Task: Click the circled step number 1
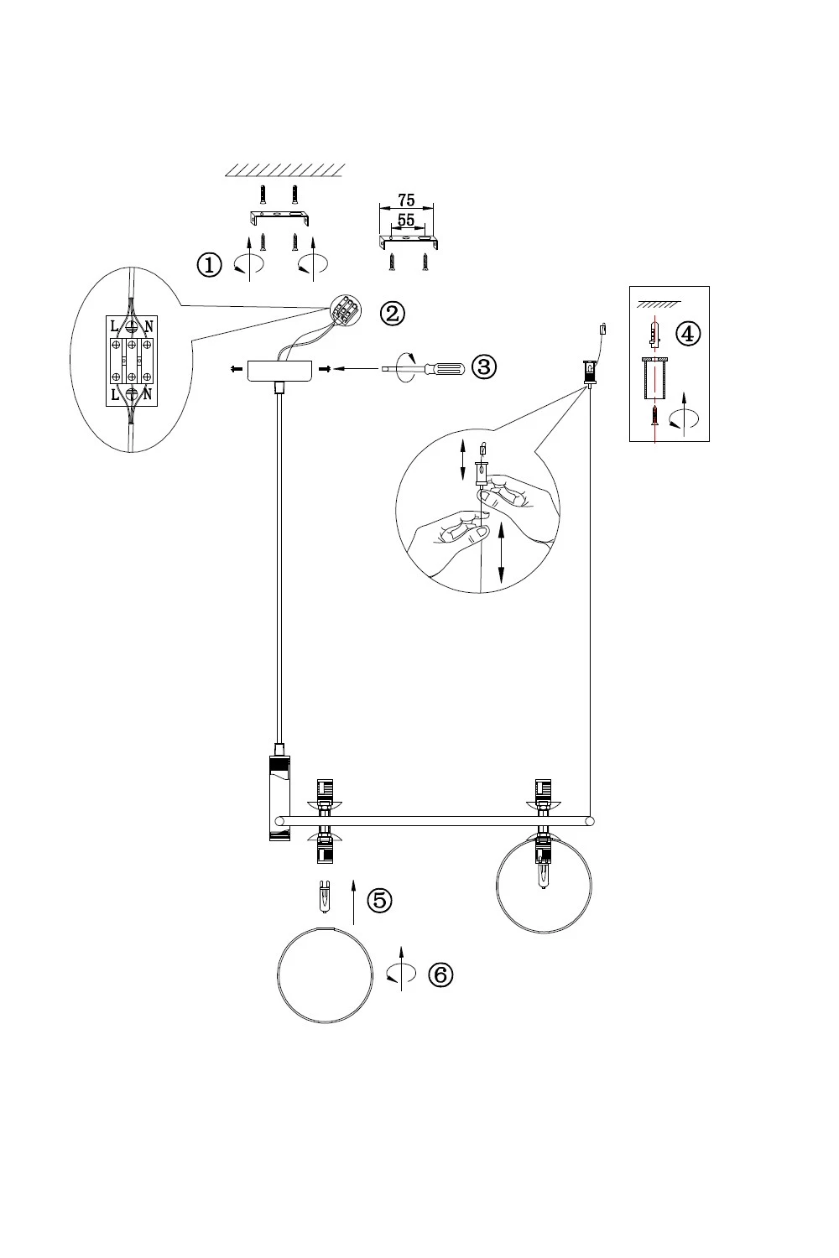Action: (x=209, y=264)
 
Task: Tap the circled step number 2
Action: (x=393, y=313)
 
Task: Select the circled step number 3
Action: (x=484, y=367)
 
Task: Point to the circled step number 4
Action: (x=688, y=334)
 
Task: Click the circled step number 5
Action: (x=379, y=900)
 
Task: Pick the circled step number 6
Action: (x=440, y=975)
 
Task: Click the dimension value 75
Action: (x=406, y=200)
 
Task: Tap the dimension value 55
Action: (x=406, y=220)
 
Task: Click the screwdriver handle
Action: (x=445, y=369)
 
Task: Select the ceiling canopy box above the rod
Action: (x=279, y=370)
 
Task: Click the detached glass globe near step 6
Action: (x=325, y=975)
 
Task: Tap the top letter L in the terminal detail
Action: (x=114, y=326)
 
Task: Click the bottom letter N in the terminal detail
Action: (x=148, y=395)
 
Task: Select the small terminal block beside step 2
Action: (x=345, y=309)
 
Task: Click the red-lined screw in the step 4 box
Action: (x=654, y=415)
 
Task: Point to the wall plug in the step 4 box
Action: (x=654, y=334)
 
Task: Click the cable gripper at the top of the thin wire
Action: (x=590, y=372)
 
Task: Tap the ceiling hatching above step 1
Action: (x=285, y=170)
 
